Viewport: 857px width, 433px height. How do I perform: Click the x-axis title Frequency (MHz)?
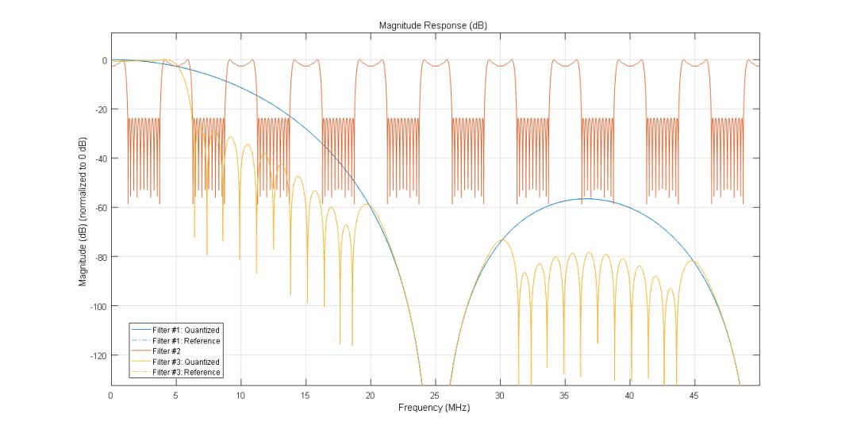point(435,408)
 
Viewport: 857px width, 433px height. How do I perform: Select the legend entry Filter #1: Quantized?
point(186,330)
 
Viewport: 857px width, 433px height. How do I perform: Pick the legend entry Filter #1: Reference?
point(186,341)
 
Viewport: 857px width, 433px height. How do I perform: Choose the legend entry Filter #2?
point(167,351)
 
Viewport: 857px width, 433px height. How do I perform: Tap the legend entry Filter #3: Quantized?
point(186,362)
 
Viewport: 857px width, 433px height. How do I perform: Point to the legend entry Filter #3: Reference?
point(186,372)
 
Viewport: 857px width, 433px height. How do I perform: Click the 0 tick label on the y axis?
point(103,60)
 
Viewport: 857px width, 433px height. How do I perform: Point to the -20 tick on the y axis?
point(101,109)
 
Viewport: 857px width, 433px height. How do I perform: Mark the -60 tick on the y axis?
point(101,208)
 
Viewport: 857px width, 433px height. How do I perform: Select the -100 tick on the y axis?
point(99,306)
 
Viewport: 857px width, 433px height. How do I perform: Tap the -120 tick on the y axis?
point(99,355)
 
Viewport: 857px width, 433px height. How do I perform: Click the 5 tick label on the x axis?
point(175,395)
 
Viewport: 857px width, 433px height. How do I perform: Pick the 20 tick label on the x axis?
point(370,395)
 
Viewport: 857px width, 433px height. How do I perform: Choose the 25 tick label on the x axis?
point(435,395)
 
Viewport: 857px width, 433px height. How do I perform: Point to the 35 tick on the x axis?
point(564,395)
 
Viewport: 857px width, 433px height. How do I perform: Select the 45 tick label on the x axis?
point(694,395)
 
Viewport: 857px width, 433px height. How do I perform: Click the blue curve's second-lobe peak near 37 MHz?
point(586,198)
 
